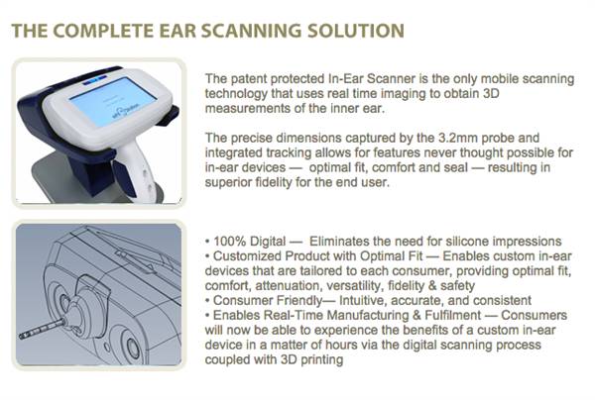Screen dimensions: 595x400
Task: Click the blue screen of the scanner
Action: (x=113, y=101)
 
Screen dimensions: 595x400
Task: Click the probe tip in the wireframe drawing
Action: (x=22, y=336)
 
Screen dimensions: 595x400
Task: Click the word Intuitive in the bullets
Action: (x=362, y=300)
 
